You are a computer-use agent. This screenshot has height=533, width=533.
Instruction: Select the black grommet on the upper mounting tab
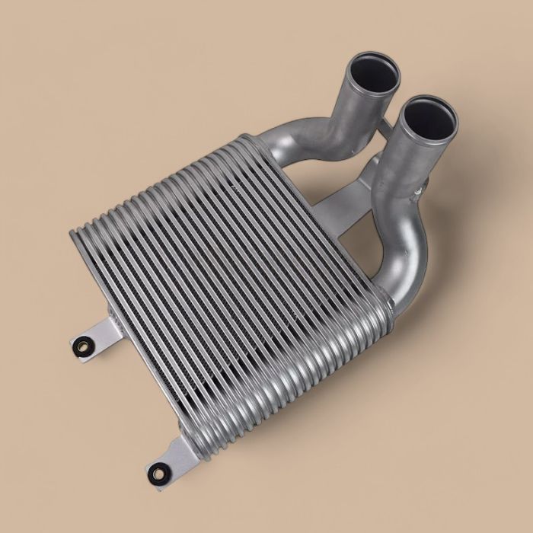pos(80,346)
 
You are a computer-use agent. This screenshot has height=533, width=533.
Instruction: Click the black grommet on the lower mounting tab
pos(161,470)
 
